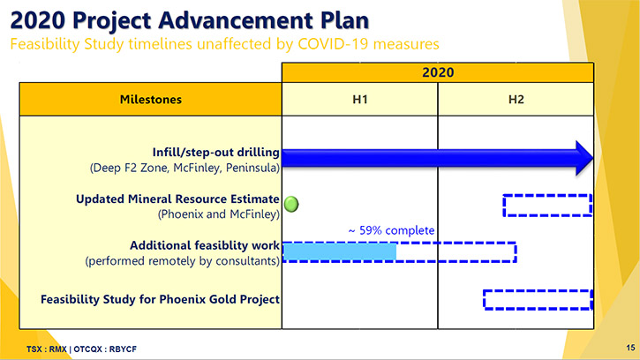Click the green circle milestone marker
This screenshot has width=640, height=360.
(291, 204)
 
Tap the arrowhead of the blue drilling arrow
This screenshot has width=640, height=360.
(584, 158)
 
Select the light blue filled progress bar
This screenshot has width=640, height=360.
(340, 251)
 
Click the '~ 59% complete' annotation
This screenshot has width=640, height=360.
(391, 230)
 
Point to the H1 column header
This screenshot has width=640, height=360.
(359, 100)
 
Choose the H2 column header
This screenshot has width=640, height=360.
(516, 100)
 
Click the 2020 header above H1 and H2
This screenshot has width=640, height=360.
(438, 72)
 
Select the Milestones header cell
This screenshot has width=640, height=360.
(151, 99)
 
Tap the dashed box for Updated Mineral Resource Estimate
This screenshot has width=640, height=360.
(547, 195)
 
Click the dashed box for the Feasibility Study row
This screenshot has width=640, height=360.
(538, 291)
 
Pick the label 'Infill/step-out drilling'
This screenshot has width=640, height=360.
(216, 153)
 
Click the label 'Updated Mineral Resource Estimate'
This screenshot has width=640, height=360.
(177, 199)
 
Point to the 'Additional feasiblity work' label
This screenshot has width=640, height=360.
(205, 245)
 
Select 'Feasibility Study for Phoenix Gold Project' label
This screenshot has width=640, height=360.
(160, 299)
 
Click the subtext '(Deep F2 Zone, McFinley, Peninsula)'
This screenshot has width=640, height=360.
(184, 168)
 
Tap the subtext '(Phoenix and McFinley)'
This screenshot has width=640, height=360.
(219, 214)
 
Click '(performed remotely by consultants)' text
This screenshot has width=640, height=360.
(183, 261)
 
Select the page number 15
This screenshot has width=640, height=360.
(630, 348)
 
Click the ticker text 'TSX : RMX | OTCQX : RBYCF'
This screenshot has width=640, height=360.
(81, 349)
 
